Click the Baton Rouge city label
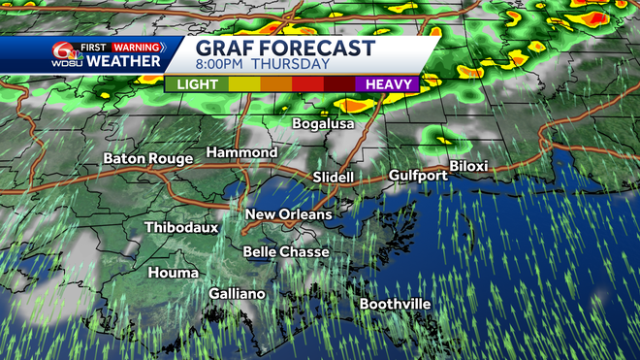(144, 158)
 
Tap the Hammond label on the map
(241, 153)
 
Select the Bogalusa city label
(324, 123)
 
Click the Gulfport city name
(418, 176)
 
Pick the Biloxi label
(468, 166)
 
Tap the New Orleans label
(288, 214)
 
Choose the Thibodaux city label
(181, 228)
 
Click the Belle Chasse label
(286, 252)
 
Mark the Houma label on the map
(174, 273)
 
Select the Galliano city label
(239, 293)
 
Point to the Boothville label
(396, 304)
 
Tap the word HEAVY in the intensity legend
(389, 84)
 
